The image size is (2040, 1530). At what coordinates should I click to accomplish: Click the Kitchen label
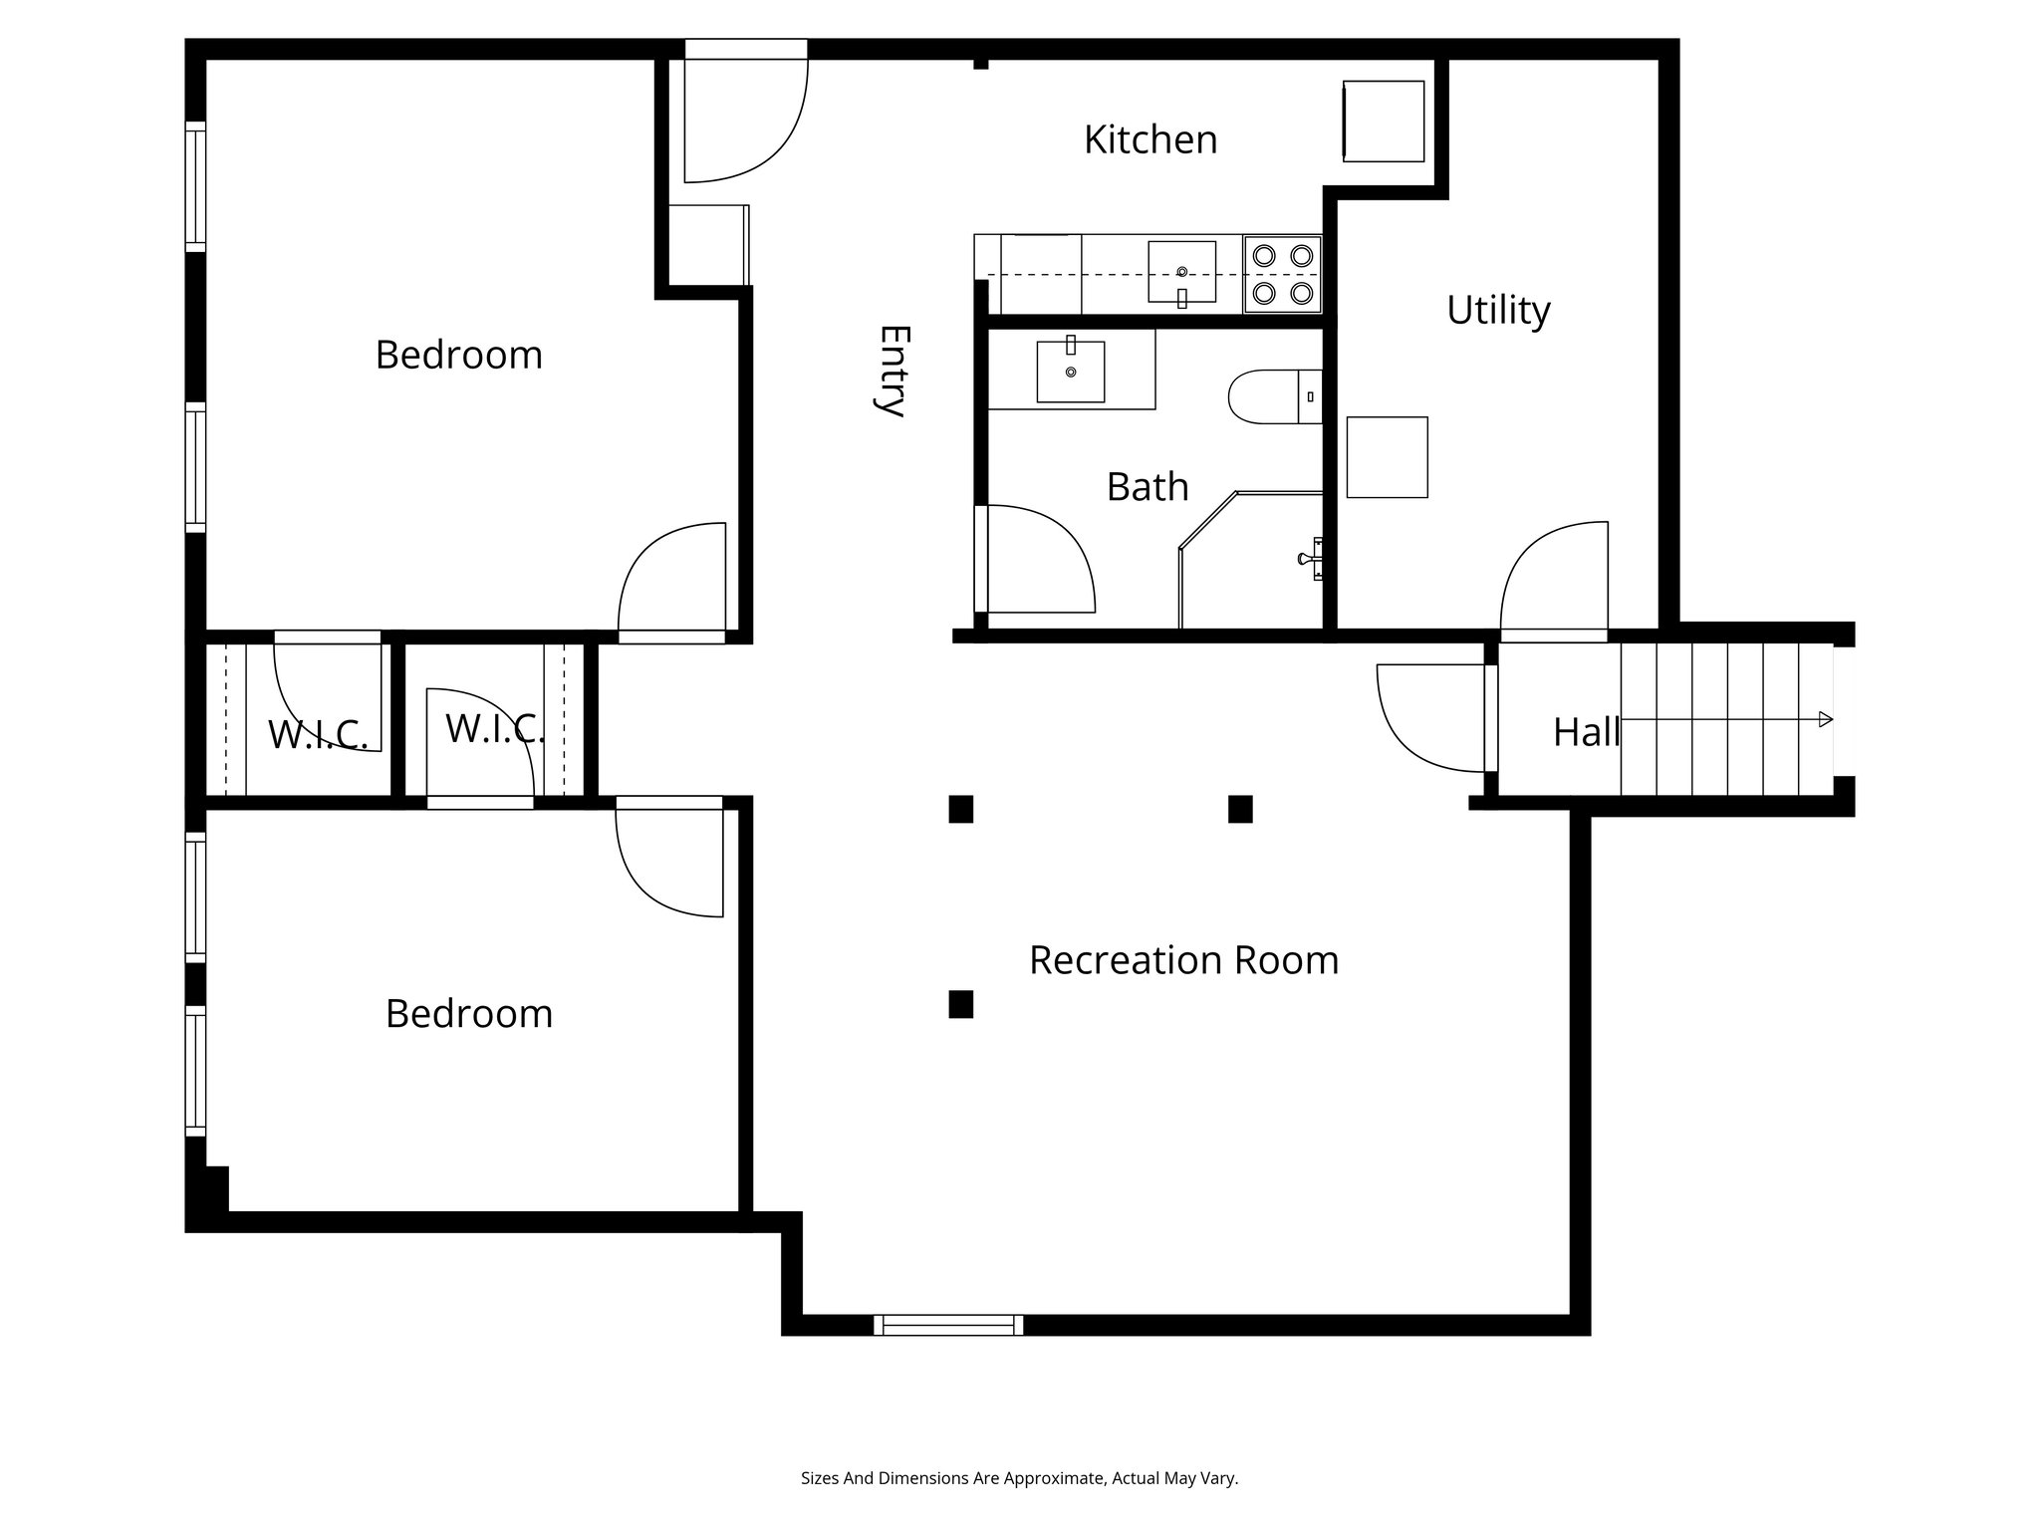tap(1149, 139)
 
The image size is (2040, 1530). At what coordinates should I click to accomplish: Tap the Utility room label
tap(1497, 310)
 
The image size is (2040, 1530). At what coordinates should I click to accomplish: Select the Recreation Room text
tap(1183, 960)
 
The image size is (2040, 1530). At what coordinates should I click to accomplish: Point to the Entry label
tap(891, 371)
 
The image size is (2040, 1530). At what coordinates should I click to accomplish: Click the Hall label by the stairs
tap(1585, 732)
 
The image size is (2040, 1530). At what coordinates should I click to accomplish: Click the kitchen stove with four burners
tap(1282, 274)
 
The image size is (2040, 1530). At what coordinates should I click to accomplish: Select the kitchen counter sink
tap(1181, 271)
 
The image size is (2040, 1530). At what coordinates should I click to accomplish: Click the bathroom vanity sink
tap(1071, 372)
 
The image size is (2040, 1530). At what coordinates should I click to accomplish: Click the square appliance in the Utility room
tap(1387, 457)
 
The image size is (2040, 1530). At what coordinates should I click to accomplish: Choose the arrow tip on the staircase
tap(1825, 719)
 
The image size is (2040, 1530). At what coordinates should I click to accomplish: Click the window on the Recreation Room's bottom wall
tap(947, 1325)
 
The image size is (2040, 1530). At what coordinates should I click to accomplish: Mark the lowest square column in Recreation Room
tap(960, 1004)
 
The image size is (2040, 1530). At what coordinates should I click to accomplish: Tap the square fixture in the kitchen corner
tap(1383, 121)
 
